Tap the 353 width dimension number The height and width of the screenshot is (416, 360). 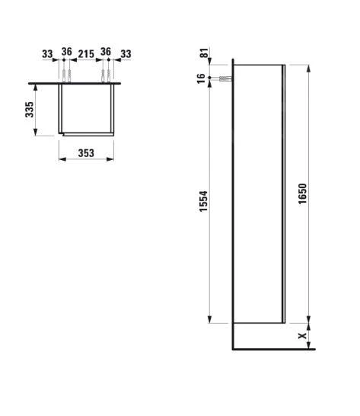pyautogui.click(x=85, y=152)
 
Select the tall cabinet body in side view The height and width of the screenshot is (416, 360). pyautogui.click(x=257, y=194)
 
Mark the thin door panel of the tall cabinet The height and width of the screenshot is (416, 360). pyautogui.click(x=284, y=194)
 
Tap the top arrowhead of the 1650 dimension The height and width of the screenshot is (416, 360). pyautogui.click(x=309, y=68)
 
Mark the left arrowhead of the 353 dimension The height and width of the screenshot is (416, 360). pyautogui.click(x=61, y=160)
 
